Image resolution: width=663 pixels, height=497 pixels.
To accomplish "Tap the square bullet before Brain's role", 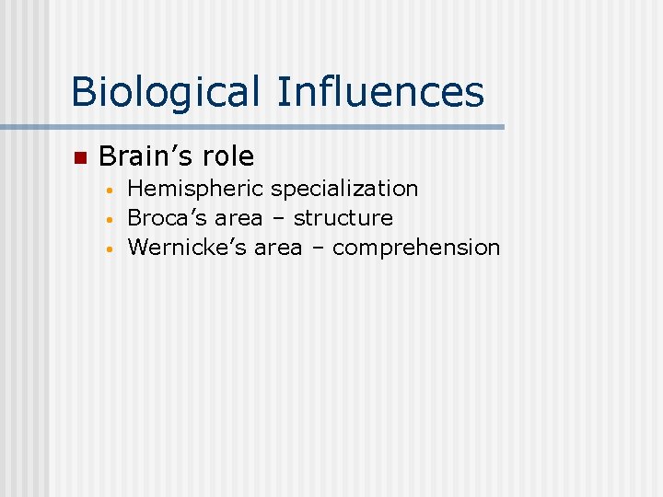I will (79, 157).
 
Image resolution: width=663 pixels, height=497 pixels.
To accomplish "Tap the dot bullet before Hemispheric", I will (109, 191).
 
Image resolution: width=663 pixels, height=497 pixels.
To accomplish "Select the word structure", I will (343, 218).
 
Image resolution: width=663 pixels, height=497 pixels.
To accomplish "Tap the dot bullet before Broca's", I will (109, 221).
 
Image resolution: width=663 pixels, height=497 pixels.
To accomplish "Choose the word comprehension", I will (416, 248).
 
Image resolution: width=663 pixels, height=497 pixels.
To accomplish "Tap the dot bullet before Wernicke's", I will (109, 250).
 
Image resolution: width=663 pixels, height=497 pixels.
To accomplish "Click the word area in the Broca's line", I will (238, 219).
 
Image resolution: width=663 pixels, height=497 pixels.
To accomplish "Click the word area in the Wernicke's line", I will (277, 248).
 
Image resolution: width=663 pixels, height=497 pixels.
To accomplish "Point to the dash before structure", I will (278, 219).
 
